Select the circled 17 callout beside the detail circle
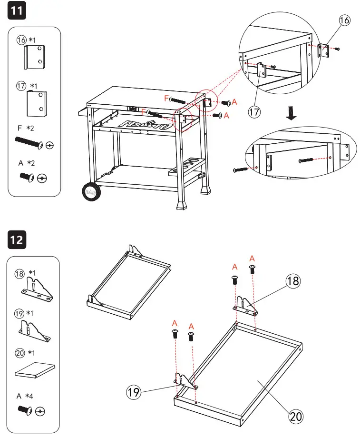254,112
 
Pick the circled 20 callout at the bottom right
295,416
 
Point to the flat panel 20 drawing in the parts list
35,370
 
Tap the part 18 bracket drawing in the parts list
36,290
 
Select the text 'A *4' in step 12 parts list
24,396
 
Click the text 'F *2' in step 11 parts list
26,129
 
